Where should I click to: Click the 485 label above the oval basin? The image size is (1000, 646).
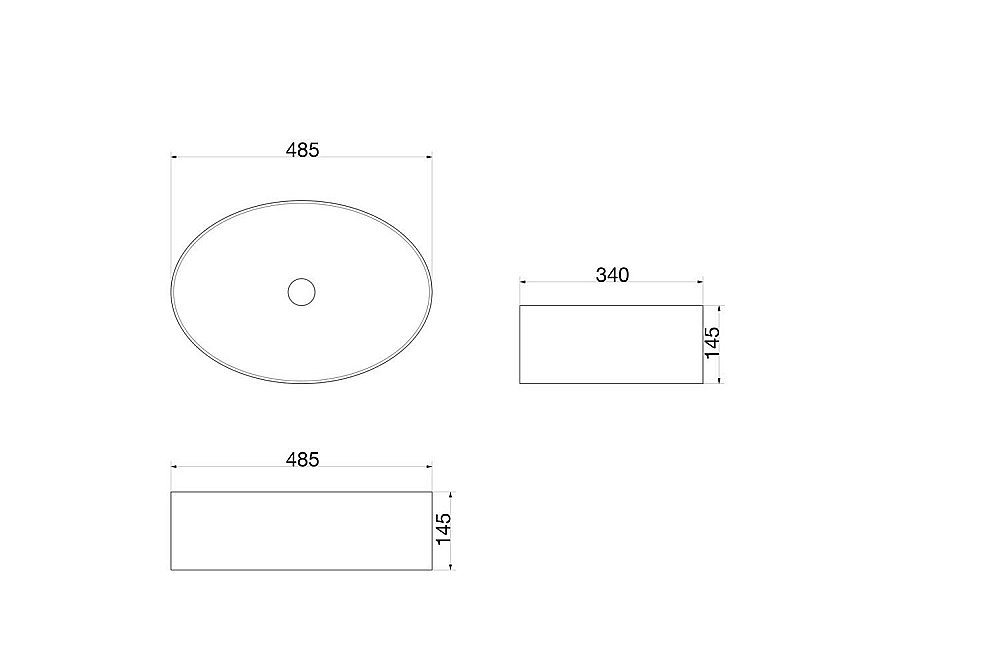tap(302, 150)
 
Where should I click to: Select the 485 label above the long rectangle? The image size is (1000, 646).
tap(302, 459)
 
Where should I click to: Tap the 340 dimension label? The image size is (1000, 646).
tap(612, 275)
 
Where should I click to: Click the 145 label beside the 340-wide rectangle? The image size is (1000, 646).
tap(712, 342)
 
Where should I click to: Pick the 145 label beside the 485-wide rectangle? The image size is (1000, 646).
tap(443, 529)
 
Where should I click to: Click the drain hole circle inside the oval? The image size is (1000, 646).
tap(302, 291)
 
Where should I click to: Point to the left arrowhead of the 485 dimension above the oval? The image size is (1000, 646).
tap(174, 156)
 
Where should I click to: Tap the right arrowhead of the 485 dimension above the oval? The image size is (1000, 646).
tap(429, 156)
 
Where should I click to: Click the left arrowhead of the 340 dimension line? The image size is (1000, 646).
tap(523, 281)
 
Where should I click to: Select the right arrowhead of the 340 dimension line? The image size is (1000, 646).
tap(700, 281)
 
